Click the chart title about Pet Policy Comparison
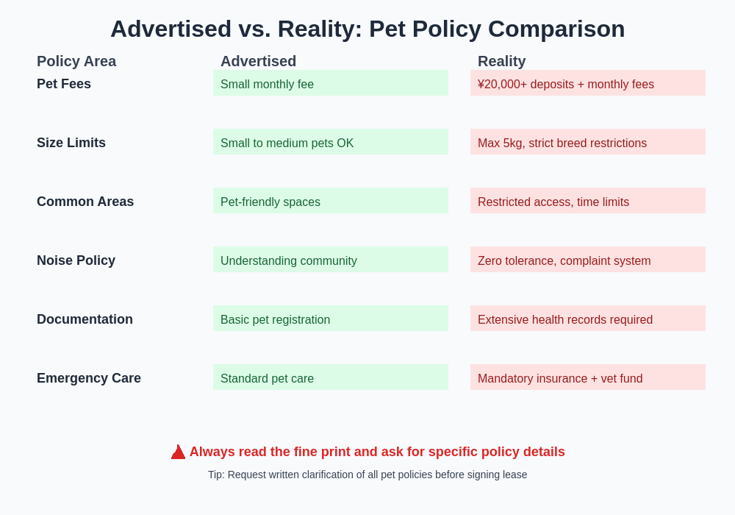367,29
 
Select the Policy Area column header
76,61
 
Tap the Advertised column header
258,61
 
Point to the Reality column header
501,61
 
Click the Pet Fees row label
64,84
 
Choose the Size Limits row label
71,143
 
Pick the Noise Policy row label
76,260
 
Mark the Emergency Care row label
89,378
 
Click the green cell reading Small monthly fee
331,83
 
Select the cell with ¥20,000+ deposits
588,83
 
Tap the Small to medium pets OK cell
331,142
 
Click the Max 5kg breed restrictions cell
588,142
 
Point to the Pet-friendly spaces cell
331,201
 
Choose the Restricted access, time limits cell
588,201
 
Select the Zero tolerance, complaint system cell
588,260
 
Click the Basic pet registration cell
331,319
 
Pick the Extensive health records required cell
588,319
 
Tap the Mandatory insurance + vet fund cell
588,377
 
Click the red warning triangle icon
178,452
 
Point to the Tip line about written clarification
367,475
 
